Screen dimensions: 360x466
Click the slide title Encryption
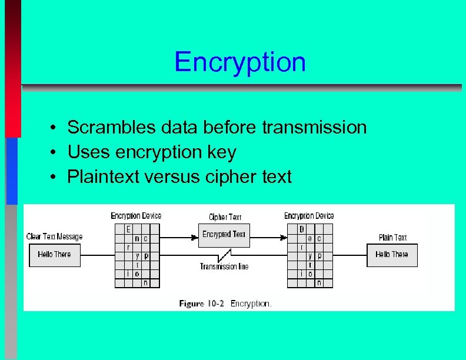[x=240, y=62]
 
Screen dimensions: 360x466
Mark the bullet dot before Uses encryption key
[x=53, y=153]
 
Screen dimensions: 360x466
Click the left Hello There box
[x=54, y=255]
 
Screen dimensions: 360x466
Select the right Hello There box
[x=392, y=255]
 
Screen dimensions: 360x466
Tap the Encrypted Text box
[x=224, y=235]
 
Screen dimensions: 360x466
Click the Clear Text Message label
[x=54, y=236]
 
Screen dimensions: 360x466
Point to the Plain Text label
[x=392, y=238]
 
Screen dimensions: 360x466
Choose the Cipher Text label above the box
[x=225, y=217]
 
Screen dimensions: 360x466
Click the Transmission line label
[x=224, y=266]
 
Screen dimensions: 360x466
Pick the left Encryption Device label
[x=136, y=216]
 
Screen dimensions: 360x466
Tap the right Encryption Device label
[x=309, y=216]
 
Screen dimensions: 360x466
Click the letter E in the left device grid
[x=128, y=229]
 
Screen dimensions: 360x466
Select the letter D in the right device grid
[x=301, y=229]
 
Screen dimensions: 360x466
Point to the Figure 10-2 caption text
[x=225, y=304]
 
